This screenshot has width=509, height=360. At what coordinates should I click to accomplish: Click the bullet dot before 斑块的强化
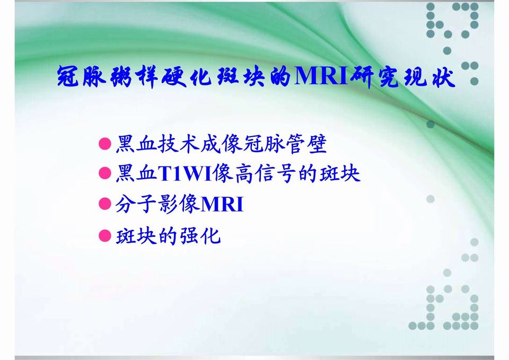click(x=105, y=235)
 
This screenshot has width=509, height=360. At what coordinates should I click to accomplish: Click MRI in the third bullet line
click(x=222, y=205)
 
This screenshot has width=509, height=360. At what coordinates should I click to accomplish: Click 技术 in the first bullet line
click(x=173, y=143)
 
